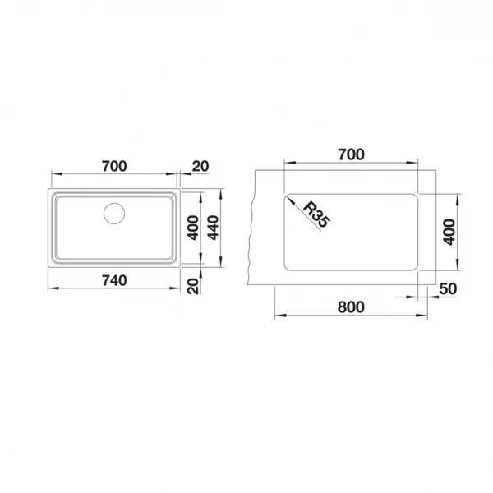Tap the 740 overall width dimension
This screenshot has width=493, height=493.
coord(114,280)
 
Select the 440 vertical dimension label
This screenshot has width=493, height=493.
coord(214,228)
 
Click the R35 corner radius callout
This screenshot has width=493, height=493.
coord(316,214)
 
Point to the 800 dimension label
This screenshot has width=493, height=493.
coord(351,306)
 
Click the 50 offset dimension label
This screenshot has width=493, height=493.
coord(448,288)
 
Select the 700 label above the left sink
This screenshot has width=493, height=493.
coord(114,166)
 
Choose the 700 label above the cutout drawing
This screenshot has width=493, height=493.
coord(351,154)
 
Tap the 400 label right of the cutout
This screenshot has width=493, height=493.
coord(449,232)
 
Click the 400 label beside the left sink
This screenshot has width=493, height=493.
coord(193,228)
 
